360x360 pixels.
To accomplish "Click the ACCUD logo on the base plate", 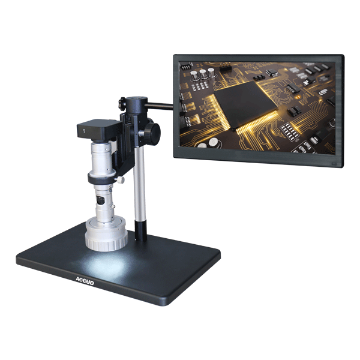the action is (85, 281).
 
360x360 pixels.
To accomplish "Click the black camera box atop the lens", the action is (98, 130).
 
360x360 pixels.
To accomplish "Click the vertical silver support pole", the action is (139, 184).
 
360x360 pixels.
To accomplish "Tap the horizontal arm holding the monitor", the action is (159, 106).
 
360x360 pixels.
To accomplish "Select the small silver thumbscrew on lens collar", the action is (121, 180).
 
